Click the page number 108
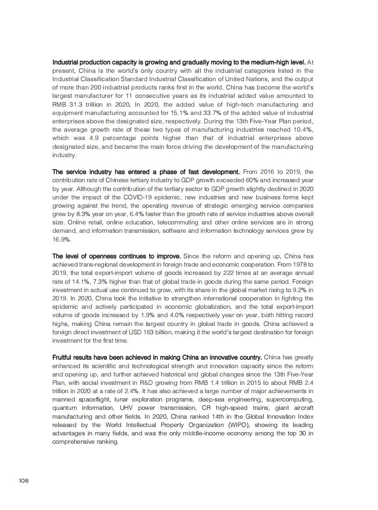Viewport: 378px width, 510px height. point(24,480)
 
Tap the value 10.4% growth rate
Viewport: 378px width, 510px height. point(303,129)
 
